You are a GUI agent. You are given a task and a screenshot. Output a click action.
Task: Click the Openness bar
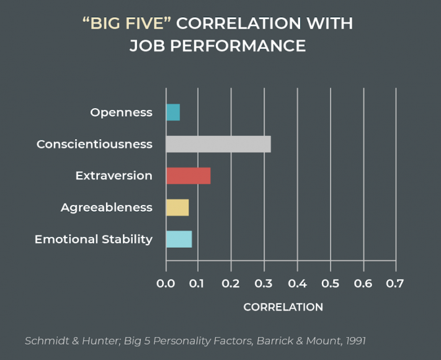pos(173,112)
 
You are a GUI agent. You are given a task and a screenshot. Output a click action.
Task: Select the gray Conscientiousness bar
pos(218,144)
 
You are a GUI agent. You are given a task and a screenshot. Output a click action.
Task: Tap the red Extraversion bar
pos(188,176)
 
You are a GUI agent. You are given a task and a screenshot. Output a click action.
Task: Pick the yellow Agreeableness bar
pos(177,207)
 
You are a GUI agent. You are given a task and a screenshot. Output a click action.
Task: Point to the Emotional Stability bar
pos(179,239)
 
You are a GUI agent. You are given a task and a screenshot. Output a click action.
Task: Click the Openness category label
pos(122,112)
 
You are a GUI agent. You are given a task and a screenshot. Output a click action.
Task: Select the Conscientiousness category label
pos(94,144)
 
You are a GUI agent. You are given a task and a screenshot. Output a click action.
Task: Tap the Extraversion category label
pos(114,176)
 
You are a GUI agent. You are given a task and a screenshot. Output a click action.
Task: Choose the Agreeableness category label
pos(107,207)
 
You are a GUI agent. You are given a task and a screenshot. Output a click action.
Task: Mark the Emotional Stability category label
pos(94,239)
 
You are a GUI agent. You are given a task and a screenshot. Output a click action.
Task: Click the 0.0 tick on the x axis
pos(166,284)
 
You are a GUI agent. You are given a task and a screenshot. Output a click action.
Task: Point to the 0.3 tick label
pos(264,284)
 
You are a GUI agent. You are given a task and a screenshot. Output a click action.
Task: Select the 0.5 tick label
pos(330,284)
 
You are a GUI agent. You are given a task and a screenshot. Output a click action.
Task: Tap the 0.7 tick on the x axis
pos(395,284)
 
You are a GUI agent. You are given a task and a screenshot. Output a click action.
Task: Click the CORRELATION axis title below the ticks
pos(283,307)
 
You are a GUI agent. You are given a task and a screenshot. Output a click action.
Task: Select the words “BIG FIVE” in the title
pos(127,24)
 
